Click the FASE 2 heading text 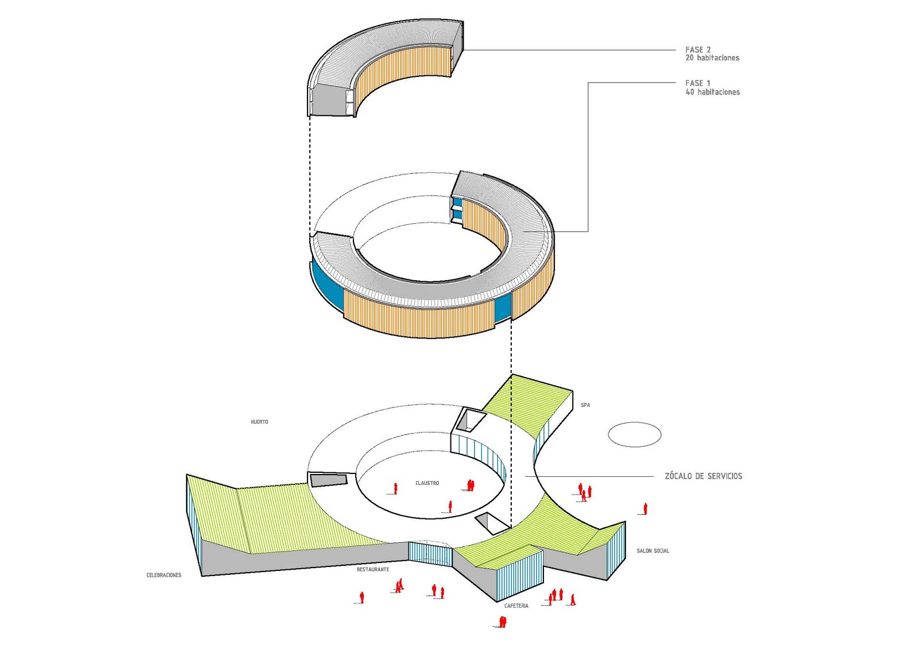tap(698, 49)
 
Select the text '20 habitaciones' tap(712, 58)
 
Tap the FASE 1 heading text tap(698, 83)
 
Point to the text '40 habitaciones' tap(713, 92)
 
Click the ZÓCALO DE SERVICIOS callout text tap(703, 476)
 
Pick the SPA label tap(585, 405)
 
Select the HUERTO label tap(259, 422)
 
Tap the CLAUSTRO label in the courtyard tap(427, 483)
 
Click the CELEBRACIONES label tap(164, 575)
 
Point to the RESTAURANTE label tap(373, 569)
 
